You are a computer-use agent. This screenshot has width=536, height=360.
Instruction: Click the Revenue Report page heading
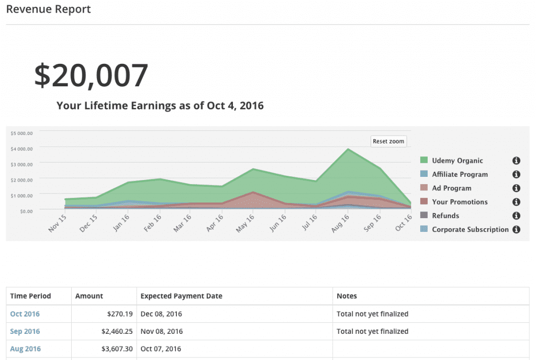click(48, 9)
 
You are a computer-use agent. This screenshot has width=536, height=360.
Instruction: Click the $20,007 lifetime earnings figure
click(91, 75)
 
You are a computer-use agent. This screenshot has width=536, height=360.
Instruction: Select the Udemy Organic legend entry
click(457, 161)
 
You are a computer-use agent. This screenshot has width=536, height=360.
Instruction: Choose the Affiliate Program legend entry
click(460, 174)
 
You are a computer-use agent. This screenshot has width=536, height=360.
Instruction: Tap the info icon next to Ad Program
click(516, 188)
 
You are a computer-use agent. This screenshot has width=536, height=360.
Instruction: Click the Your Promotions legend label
click(460, 202)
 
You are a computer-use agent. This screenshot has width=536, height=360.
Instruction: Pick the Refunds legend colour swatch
click(424, 216)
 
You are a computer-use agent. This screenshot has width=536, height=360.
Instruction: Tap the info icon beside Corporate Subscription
click(516, 229)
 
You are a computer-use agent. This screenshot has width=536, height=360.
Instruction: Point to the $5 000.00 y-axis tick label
click(22, 133)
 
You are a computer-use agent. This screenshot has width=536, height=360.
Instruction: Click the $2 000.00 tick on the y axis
click(22, 179)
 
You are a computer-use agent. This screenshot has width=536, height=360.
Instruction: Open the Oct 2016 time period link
click(25, 314)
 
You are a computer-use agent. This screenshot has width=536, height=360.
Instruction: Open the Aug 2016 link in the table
click(25, 348)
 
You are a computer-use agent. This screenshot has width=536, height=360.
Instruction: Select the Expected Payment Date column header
click(181, 296)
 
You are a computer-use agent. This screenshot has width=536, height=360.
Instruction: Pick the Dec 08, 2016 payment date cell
click(161, 314)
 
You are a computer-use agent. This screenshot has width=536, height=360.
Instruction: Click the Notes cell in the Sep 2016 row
click(372, 331)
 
